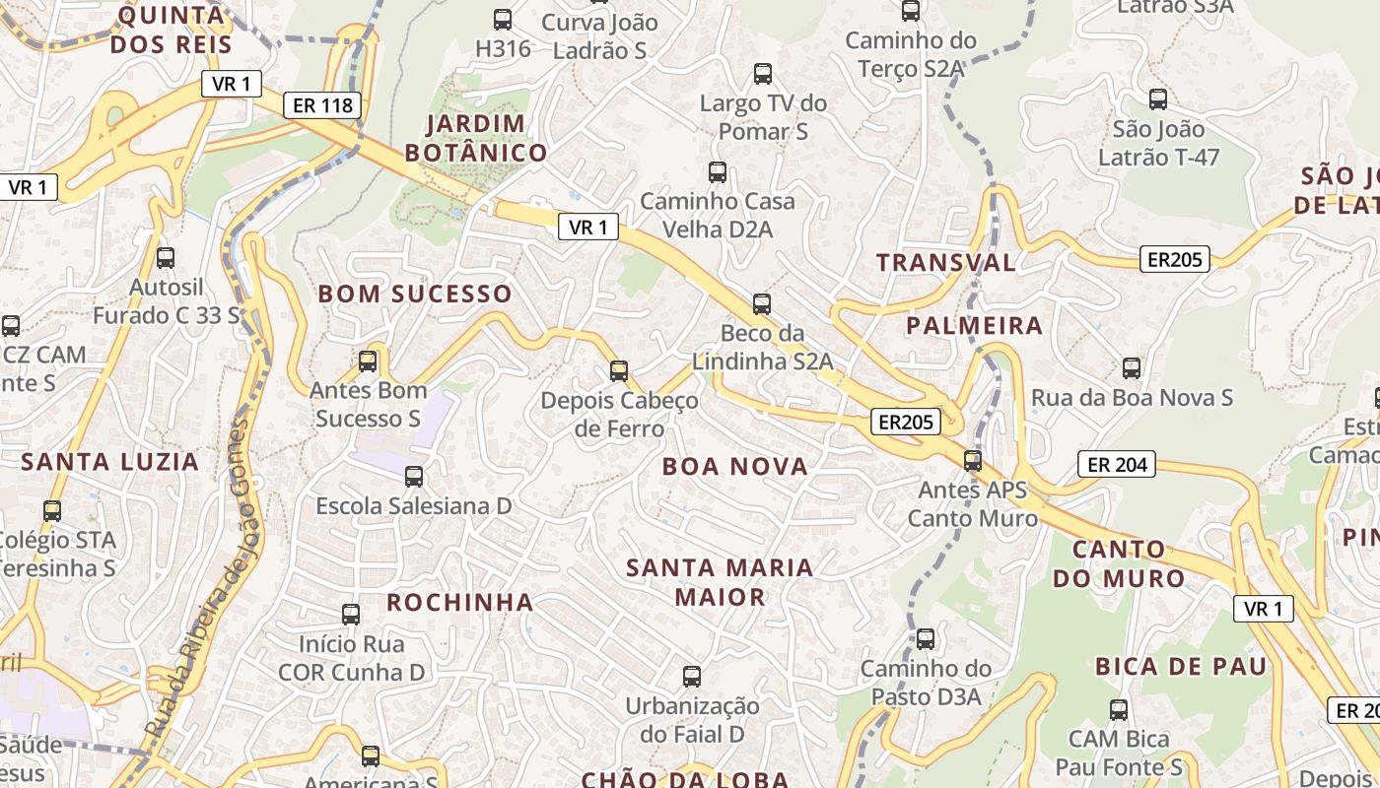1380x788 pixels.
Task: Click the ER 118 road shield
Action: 322,105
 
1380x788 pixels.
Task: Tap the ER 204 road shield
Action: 1116,464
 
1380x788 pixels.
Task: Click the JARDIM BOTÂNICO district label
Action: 476,138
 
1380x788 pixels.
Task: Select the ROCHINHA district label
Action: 459,602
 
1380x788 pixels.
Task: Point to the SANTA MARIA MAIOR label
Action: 720,582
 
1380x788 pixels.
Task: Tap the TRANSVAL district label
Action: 945,262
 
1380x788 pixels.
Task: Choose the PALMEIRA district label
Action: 974,325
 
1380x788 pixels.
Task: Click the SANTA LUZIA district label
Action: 110,461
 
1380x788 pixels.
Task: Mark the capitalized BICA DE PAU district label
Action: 1181,666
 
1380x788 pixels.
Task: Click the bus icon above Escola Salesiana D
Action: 414,477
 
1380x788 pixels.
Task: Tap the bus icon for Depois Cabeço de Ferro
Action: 619,371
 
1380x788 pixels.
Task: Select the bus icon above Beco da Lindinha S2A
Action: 762,303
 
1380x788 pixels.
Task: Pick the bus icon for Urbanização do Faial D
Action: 692,676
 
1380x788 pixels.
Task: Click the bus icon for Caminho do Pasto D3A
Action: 926,639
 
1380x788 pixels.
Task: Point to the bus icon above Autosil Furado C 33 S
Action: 166,258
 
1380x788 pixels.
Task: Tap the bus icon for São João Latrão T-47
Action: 1158,99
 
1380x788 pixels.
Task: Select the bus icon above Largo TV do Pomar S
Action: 763,73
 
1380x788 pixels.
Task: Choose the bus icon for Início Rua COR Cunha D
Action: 351,615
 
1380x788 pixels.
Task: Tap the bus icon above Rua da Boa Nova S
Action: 1132,368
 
